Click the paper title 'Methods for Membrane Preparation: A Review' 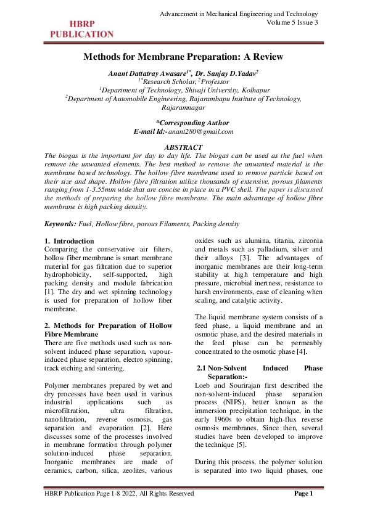tap(183, 57)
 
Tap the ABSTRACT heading tap(183, 147)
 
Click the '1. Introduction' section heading tap(70, 240)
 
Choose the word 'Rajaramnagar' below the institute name tap(183, 106)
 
